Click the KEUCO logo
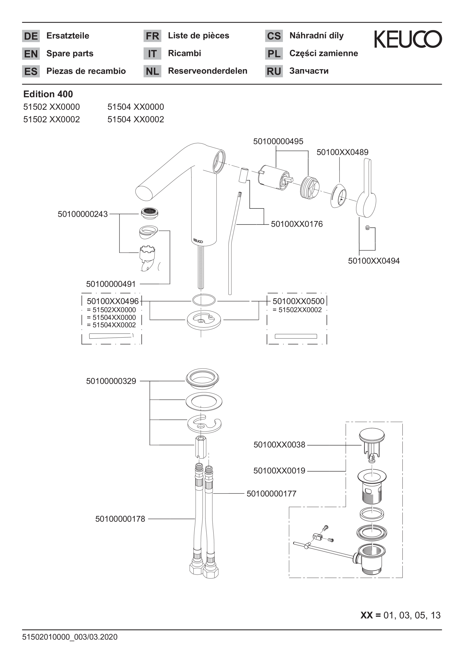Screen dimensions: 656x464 click(408, 39)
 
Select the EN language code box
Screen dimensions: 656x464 click(31, 54)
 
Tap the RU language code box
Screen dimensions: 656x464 click(274, 71)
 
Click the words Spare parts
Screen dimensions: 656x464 click(70, 53)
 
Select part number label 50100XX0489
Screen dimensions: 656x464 click(342, 152)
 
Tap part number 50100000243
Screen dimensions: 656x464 click(83, 214)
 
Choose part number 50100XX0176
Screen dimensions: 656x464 click(296, 224)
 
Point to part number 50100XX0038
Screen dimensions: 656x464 click(279, 445)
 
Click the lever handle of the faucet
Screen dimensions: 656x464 click(366, 191)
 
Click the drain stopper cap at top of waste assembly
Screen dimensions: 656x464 click(372, 436)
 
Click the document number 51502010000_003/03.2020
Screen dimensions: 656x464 click(70, 637)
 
